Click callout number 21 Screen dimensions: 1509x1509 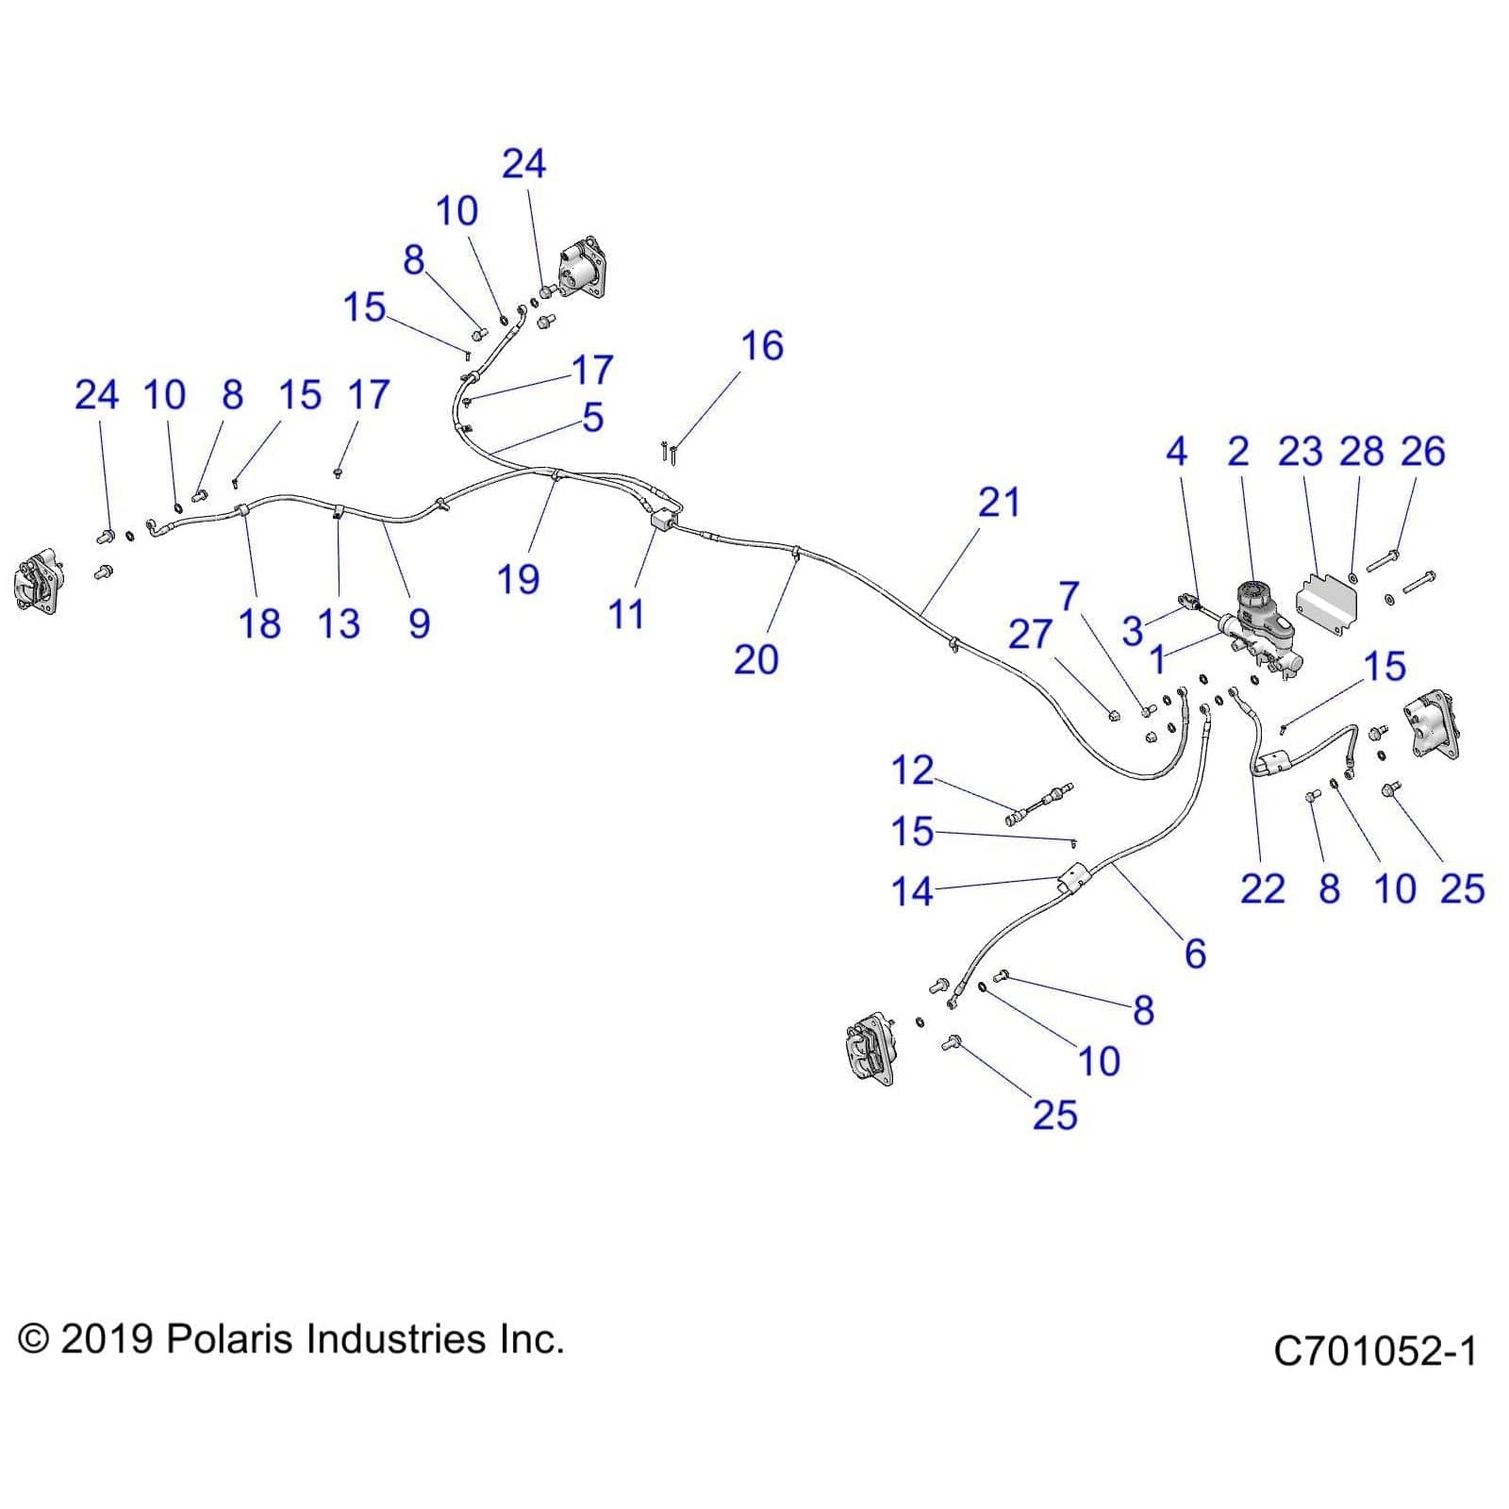tap(998, 503)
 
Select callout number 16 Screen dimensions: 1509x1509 tap(761, 346)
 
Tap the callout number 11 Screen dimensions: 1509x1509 tap(626, 615)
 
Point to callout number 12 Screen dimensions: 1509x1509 tap(911, 771)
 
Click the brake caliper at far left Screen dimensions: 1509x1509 tap(38, 584)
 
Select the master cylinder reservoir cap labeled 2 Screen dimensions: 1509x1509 tap(1255, 597)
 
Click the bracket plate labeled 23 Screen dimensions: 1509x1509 tap(1328, 602)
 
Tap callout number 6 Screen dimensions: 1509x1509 tap(1195, 953)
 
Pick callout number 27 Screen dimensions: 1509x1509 tap(1029, 635)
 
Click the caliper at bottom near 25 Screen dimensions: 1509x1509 tap(870, 1046)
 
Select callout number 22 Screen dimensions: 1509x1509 tap(1262, 888)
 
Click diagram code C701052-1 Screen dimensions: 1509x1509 tap(1374, 1351)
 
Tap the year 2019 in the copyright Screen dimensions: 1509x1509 tap(107, 1339)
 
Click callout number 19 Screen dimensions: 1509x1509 tap(518, 579)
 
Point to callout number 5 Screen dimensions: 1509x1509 tap(592, 418)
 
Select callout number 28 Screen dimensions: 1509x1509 tap(1361, 452)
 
